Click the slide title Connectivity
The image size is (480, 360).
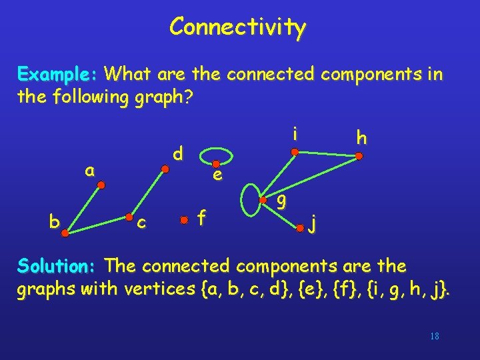[x=237, y=27]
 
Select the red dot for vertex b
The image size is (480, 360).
[x=65, y=233]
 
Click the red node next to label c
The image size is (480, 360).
[x=129, y=217]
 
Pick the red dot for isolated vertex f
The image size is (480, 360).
[x=183, y=218]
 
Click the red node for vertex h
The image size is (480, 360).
[x=358, y=157]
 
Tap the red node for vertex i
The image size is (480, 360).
[x=294, y=152]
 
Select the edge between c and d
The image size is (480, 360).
[x=147, y=193]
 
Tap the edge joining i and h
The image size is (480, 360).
[x=326, y=154]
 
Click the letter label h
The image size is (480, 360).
[x=361, y=138]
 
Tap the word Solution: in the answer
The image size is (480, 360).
[x=58, y=265]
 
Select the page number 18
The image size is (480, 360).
[x=435, y=336]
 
